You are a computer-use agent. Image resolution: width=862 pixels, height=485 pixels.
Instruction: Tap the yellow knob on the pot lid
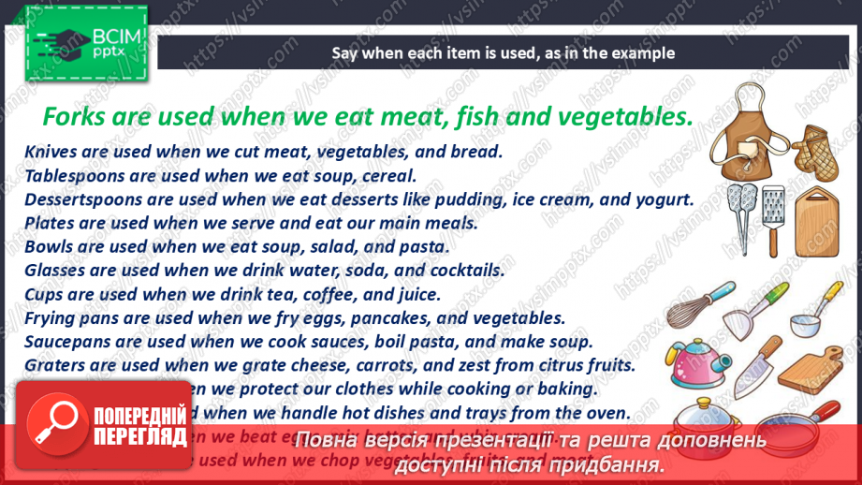[x=705, y=403]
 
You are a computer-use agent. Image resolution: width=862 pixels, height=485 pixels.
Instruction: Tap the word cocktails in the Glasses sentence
[x=469, y=271]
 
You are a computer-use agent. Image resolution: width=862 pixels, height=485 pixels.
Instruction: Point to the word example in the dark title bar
[x=643, y=53]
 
